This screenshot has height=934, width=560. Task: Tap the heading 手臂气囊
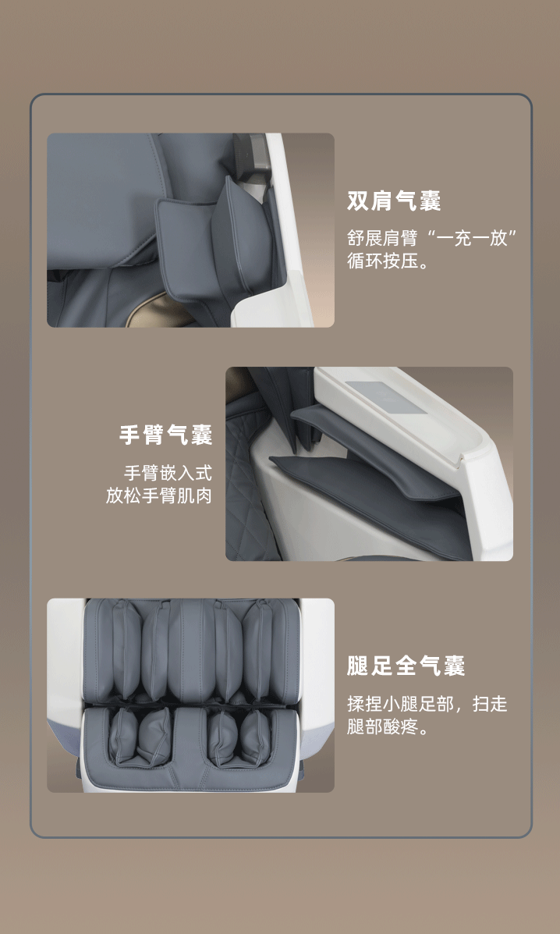pos(165,435)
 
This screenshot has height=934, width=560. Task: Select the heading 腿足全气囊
pos(406,666)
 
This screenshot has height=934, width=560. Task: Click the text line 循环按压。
pos(388,261)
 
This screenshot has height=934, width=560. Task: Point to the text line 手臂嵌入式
pos(168,474)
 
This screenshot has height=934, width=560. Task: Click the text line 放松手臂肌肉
pos(159,495)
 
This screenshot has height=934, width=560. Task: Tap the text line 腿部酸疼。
pos(388,726)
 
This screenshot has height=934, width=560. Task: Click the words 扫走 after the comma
pos(490,705)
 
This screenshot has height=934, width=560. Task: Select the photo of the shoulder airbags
pos(190,230)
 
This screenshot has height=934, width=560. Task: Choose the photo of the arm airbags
pos(369,463)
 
